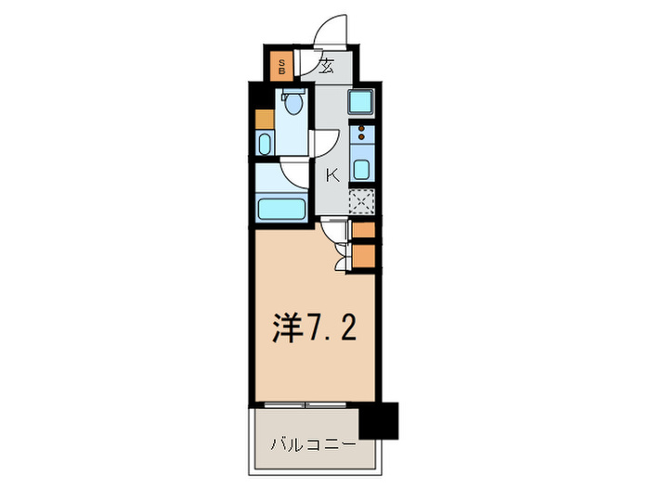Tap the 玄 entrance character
[x=327, y=65]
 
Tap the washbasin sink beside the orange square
[x=265, y=144]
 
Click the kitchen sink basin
[x=362, y=169]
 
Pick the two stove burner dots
[x=362, y=133]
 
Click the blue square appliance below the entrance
[x=361, y=102]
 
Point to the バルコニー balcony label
[x=313, y=444]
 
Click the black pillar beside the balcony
[x=379, y=420]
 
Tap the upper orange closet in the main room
[x=364, y=230]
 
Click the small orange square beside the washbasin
[x=265, y=119]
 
